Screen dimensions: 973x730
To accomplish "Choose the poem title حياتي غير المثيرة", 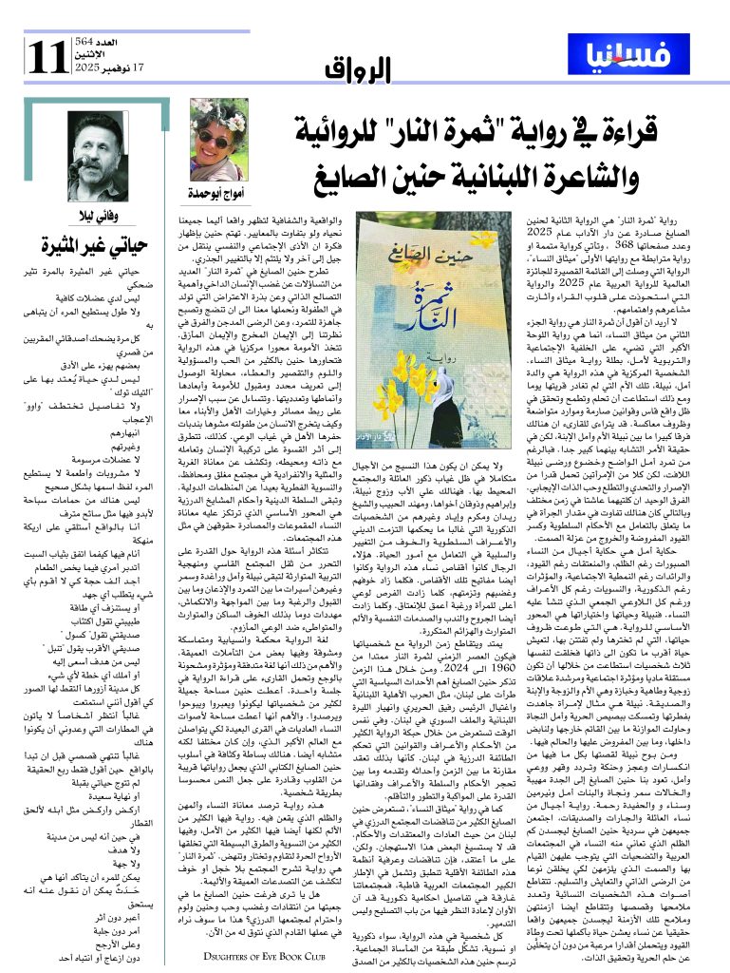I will click(97, 245).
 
